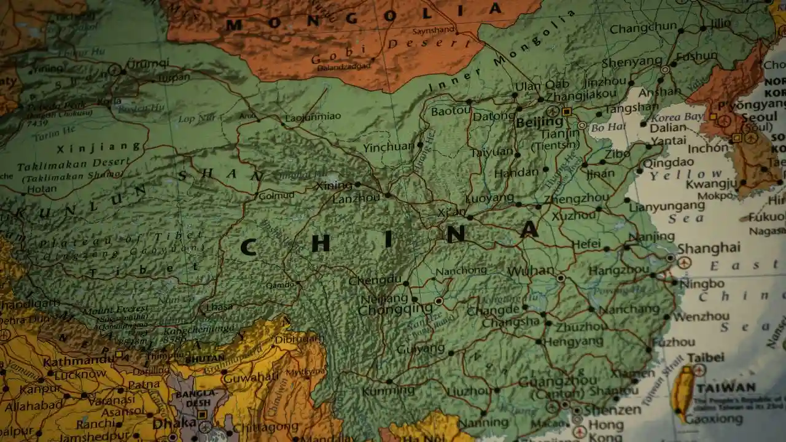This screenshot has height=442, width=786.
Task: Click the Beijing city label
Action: coord(539,123)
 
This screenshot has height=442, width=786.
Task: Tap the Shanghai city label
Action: coord(708,247)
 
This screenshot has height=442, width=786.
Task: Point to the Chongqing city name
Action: coord(395,309)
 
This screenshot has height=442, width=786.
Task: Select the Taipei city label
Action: coord(706,357)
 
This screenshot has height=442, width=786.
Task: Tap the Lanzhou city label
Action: coord(356,198)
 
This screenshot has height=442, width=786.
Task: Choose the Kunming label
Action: coord(388,391)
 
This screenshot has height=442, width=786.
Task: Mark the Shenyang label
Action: coord(631,63)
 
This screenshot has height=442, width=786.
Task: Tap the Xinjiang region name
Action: coord(99,147)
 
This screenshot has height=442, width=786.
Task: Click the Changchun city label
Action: coord(643,28)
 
